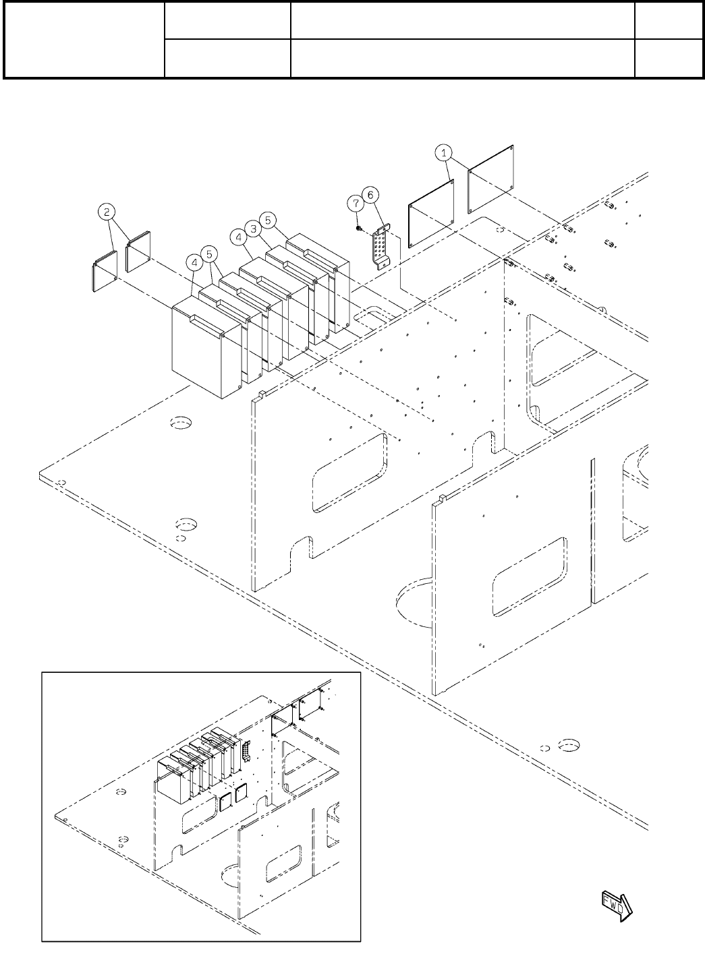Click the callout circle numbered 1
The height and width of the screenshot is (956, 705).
pos(444,153)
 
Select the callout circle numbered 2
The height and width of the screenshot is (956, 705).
pos(107,212)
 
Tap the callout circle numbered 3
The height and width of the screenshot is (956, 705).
pos(254,229)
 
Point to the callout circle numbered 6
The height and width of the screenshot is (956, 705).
pos(370,194)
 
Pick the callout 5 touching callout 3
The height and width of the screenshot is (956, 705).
pos(268,219)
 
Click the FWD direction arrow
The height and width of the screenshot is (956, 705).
pos(617,903)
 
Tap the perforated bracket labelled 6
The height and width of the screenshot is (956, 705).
pos(380,247)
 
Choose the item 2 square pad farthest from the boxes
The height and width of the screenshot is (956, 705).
pos(104,271)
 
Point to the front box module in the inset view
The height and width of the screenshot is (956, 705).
pos(173,782)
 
